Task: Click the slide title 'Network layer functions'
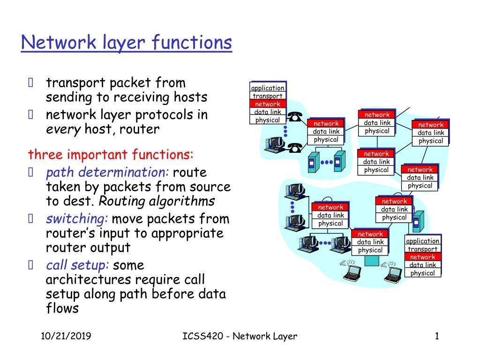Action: [127, 43]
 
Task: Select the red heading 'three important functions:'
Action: [111, 154]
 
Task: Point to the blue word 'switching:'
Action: [77, 219]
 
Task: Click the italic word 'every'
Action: [63, 129]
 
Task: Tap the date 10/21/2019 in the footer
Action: [66, 336]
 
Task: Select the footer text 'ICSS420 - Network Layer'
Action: [239, 336]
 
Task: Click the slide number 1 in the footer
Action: [437, 336]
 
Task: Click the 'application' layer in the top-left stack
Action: [268, 88]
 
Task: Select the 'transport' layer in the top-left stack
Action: [268, 96]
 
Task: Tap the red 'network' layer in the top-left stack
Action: [268, 104]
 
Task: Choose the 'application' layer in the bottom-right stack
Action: [422, 241]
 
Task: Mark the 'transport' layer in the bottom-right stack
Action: [422, 249]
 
